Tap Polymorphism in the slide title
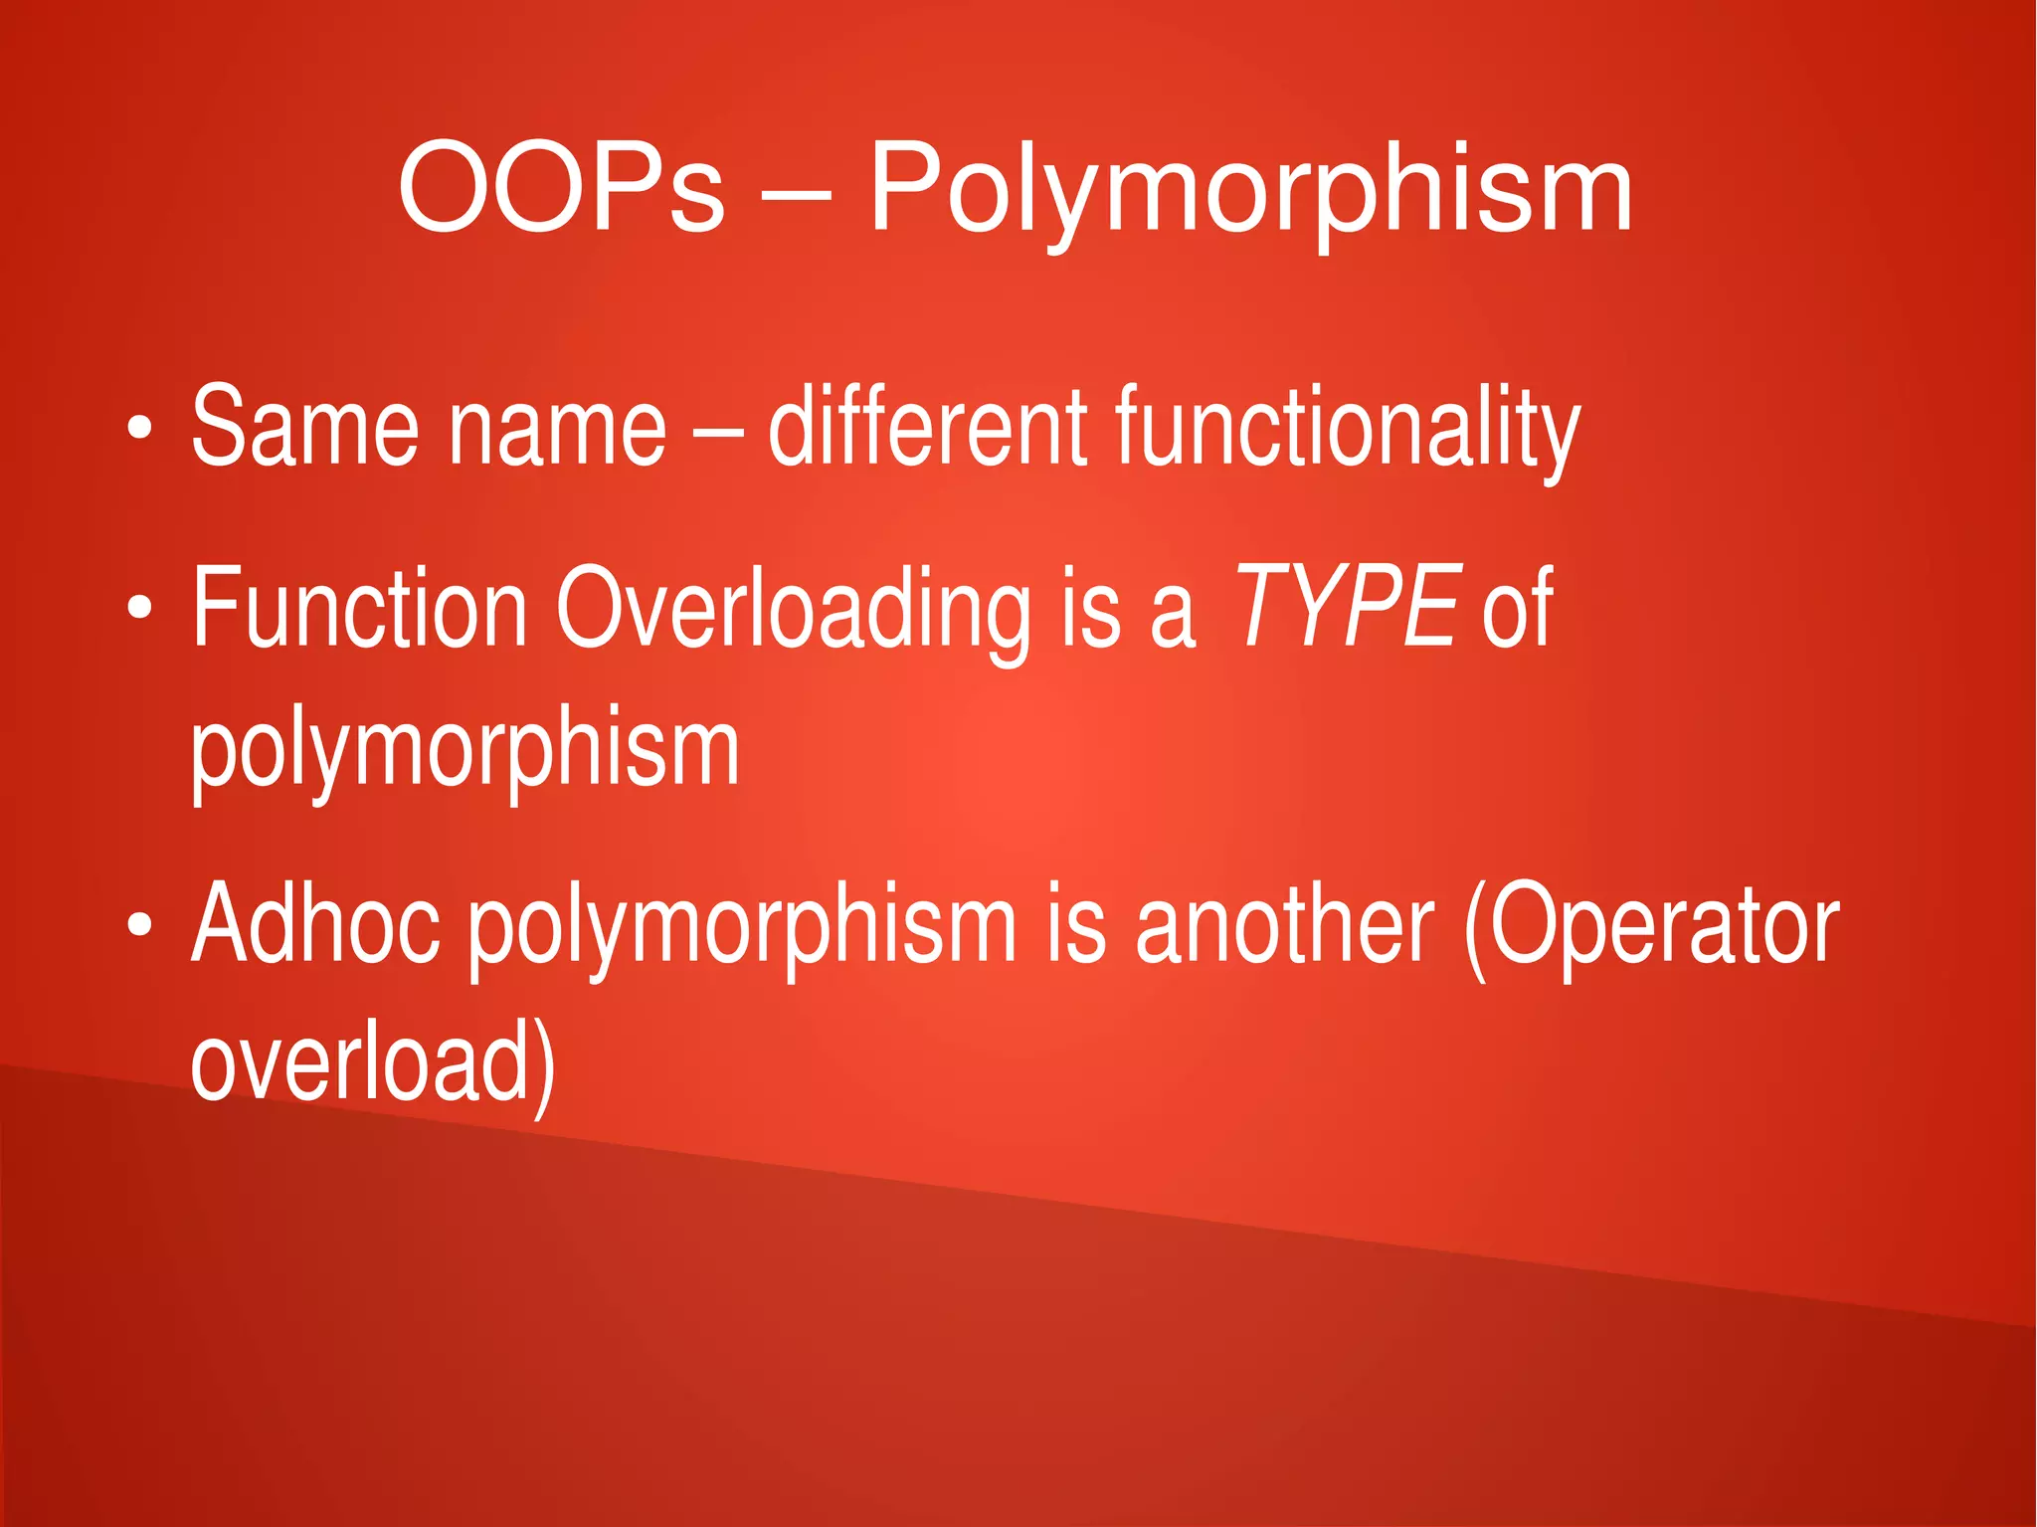[1250, 189]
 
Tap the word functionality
[1348, 430]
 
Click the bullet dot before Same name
[140, 428]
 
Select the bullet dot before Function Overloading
[140, 607]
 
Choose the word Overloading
[792, 609]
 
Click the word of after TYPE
[1517, 607]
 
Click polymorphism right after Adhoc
[742, 927]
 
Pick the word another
[1285, 925]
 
